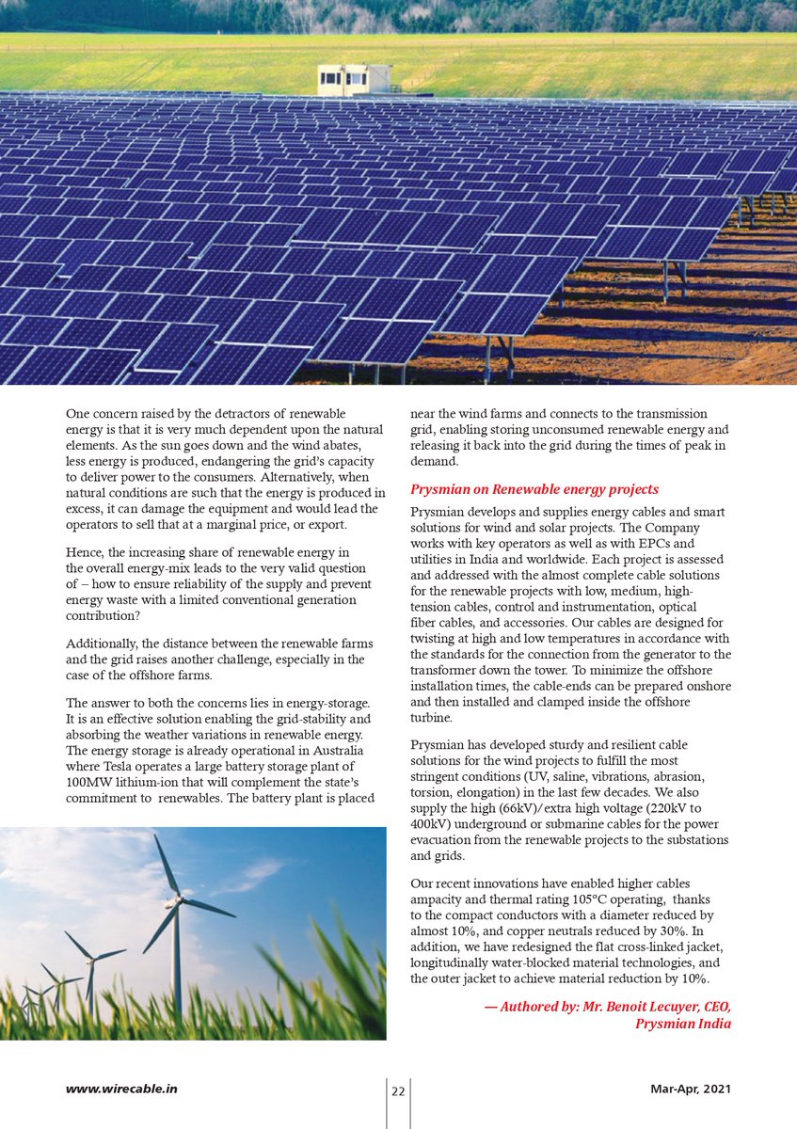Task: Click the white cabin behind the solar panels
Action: click(354, 80)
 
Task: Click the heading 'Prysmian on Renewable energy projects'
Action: click(534, 490)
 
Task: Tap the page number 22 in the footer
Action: click(398, 1091)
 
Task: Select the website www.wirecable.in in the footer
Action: click(121, 1089)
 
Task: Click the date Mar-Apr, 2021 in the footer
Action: click(691, 1089)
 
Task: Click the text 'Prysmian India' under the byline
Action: click(683, 1024)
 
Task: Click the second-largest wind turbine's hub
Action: click(91, 960)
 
